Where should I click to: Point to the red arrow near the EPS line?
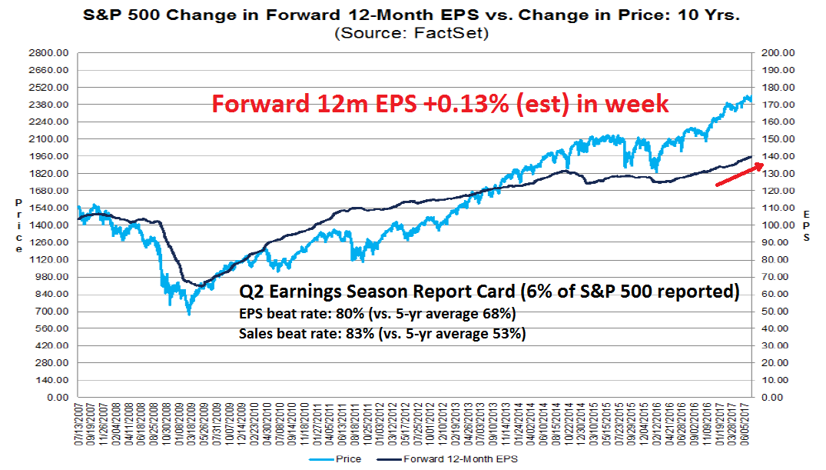[x=739, y=175]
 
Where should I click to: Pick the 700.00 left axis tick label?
[x=51, y=312]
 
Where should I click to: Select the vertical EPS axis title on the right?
[x=806, y=225]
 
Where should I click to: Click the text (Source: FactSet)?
[x=413, y=32]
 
